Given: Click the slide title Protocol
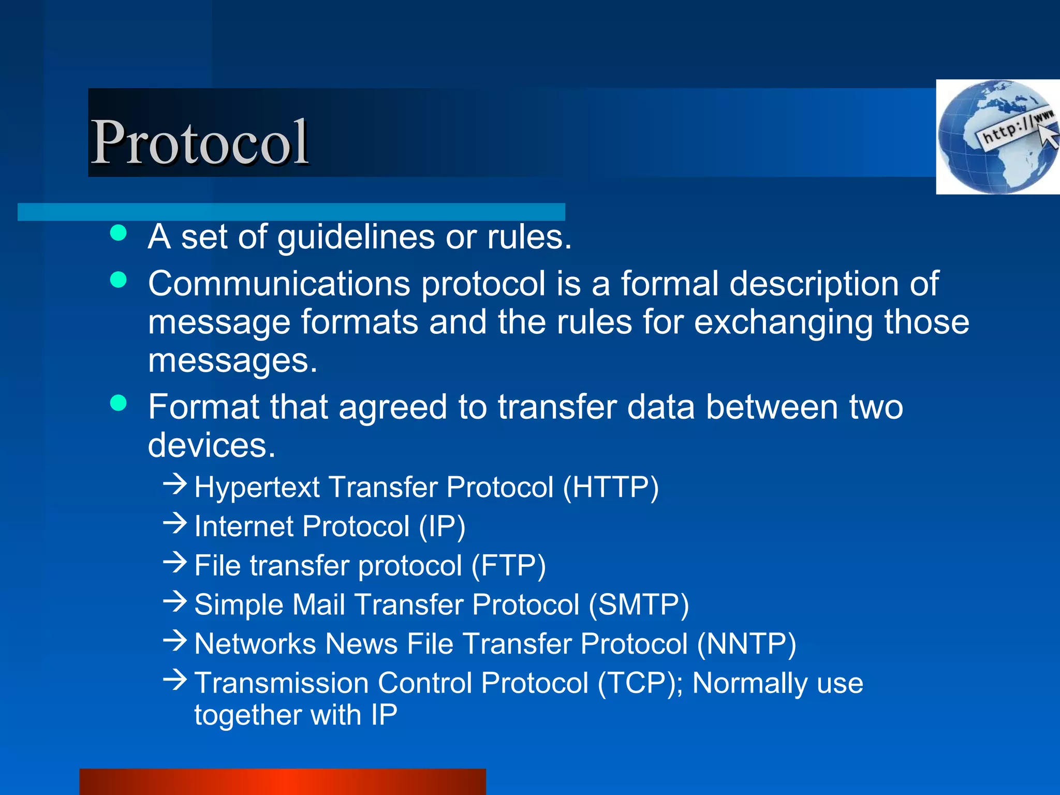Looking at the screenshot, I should (200, 142).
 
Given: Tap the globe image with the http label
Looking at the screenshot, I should (997, 137).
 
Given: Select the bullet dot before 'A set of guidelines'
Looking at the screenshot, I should (119, 233).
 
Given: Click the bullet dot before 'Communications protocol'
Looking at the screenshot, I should (119, 280).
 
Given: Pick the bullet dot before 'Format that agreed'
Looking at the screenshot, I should (119, 403).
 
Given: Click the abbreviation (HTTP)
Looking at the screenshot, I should (611, 487).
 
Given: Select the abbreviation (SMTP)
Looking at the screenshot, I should (639, 605).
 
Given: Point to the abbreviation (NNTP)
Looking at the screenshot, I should (746, 644).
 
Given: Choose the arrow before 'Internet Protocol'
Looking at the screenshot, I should (174, 523).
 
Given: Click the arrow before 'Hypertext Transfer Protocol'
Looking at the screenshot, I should (174, 484).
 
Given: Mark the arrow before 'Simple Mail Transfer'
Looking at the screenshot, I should (174, 601).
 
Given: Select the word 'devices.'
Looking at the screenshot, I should (212, 445).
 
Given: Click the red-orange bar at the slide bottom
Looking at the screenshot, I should (283, 782).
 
